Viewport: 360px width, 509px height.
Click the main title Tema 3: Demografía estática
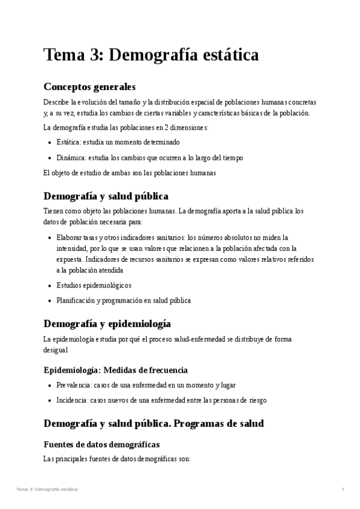pos(151,55)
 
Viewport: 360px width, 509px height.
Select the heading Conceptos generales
pos(89,86)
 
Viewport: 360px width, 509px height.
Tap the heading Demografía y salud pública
pos(106,196)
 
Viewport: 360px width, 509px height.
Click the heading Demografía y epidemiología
pos(107,324)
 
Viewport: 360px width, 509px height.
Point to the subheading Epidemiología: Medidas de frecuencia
pos(116,370)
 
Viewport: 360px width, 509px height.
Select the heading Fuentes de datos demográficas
pos(101,444)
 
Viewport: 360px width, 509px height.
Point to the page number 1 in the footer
pos(343,490)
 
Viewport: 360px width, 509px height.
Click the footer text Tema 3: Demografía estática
pos(47,490)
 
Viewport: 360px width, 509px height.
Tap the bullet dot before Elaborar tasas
pos(49,237)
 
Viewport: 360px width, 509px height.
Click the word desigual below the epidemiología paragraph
pos(56,349)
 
